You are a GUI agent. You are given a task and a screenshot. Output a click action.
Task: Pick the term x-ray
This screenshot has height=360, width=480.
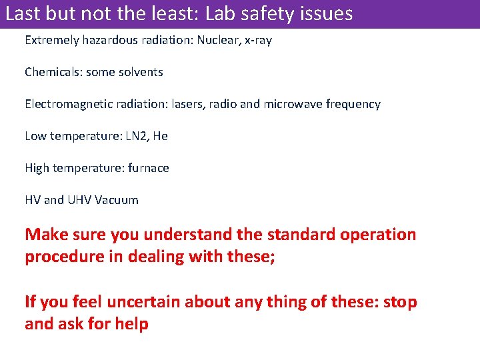click(258, 40)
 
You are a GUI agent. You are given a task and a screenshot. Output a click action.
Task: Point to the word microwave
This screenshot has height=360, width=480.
click(293, 104)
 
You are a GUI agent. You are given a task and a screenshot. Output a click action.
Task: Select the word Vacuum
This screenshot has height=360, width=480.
click(117, 200)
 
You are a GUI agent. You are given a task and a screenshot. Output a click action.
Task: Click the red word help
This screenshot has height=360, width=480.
click(132, 324)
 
